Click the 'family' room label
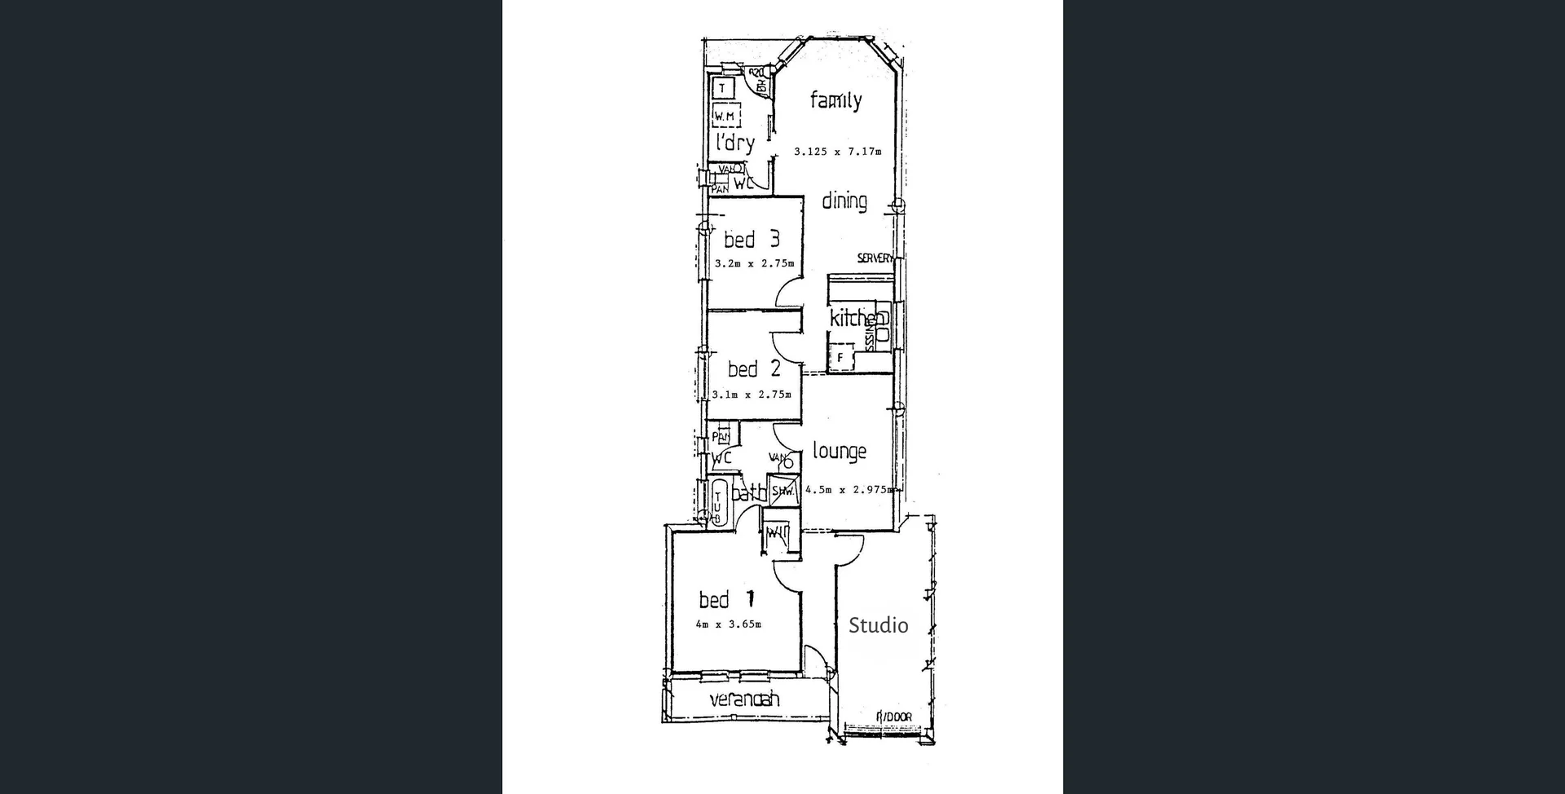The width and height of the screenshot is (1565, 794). (x=835, y=101)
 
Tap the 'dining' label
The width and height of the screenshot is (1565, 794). (x=844, y=201)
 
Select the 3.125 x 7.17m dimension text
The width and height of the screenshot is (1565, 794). (x=837, y=152)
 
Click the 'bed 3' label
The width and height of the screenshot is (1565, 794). (x=752, y=240)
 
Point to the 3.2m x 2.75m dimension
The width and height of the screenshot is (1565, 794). (x=753, y=264)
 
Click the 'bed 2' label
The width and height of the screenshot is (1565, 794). (x=754, y=369)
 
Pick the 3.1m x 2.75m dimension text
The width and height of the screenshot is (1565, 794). (x=752, y=395)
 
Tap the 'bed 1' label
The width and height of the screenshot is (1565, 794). (x=726, y=600)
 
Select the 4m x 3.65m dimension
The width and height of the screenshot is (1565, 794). (x=728, y=625)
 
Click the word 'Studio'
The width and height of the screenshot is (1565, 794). (x=878, y=625)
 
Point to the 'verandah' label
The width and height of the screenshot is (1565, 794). (x=744, y=699)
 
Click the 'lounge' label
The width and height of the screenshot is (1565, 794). (x=839, y=451)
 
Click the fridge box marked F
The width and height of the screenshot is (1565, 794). (x=840, y=357)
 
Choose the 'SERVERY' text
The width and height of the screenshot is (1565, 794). (x=875, y=258)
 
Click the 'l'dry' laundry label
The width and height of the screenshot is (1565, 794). (x=734, y=143)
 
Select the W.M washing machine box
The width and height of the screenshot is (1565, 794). (x=725, y=117)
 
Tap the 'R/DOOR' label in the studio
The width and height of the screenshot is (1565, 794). (x=893, y=717)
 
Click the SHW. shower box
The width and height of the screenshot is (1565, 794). (x=782, y=492)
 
